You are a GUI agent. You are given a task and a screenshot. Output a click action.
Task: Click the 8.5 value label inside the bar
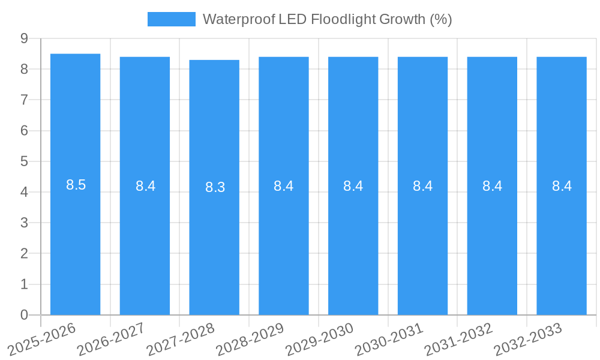click(76, 185)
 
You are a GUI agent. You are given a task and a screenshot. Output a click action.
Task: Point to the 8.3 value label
click(215, 187)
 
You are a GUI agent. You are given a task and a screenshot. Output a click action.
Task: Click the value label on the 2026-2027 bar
click(145, 186)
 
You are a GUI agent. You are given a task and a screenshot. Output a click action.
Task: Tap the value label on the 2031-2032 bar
click(492, 186)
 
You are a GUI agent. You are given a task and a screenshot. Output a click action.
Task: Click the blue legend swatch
click(171, 19)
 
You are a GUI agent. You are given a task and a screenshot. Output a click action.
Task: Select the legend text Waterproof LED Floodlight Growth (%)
click(327, 19)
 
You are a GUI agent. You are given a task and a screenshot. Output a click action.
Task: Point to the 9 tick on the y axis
click(24, 38)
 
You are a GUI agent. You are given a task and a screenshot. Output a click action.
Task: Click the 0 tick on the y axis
click(24, 315)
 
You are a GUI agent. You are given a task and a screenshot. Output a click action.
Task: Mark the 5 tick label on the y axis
click(24, 161)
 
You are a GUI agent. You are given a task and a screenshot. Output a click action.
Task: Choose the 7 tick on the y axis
click(24, 100)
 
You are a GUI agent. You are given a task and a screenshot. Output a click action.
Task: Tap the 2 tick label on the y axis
click(24, 253)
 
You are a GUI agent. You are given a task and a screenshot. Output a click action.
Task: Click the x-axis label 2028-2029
click(251, 340)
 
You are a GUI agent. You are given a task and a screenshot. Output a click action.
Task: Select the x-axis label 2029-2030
click(320, 340)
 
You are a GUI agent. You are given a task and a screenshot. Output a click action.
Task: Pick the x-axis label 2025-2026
click(42, 340)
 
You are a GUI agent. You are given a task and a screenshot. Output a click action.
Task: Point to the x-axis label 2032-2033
click(529, 340)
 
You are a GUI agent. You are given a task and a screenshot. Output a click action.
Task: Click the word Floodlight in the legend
click(344, 19)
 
